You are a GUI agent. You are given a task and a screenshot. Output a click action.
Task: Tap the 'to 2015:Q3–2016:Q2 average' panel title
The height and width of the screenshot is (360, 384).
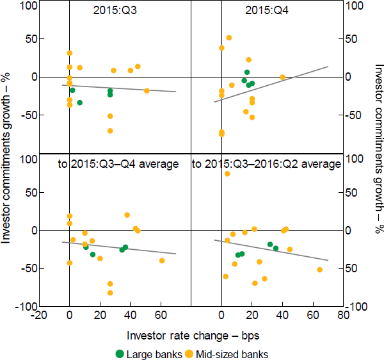click(x=266, y=164)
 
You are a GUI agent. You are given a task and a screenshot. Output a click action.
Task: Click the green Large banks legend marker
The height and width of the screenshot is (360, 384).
click(x=119, y=353)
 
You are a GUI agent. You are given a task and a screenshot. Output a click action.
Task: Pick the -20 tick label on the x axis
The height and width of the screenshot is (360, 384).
click(x=38, y=315)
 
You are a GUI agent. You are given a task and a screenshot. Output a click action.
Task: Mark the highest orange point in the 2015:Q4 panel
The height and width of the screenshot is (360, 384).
click(x=228, y=38)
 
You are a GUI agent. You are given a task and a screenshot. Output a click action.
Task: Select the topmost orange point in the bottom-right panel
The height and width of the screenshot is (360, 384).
click(x=227, y=174)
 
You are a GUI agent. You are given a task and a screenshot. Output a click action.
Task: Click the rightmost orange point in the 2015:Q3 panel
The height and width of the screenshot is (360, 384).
click(x=147, y=91)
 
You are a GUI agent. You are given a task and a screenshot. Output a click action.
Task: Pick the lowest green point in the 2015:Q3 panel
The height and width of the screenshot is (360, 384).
click(x=79, y=102)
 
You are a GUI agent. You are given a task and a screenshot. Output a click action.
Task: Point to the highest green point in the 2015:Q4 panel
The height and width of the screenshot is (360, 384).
click(x=247, y=72)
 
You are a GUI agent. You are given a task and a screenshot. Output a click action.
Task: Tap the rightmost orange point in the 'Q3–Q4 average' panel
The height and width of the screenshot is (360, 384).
click(x=162, y=261)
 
